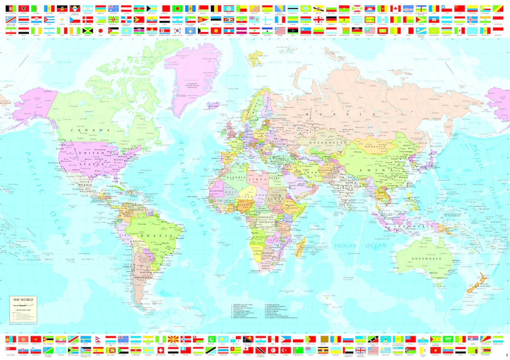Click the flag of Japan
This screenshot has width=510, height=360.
tap(100, 31)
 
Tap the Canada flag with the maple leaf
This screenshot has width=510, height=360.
tap(395, 9)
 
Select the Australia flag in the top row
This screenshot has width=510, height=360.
tap(113, 9)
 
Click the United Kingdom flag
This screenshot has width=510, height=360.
tap(360, 350)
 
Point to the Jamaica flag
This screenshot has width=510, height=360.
tap(87, 31)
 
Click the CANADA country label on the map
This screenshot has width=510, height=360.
tap(90, 130)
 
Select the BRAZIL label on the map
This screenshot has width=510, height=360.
tap(157, 236)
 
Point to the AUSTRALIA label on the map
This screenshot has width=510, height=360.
tap(426, 259)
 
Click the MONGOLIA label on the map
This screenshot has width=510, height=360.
tap(375, 147)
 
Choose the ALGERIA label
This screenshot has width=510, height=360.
tap(236, 177)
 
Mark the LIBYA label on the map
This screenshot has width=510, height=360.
tap(258, 179)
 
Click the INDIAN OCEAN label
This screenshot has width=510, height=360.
tap(360, 246)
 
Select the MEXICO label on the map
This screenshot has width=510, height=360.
tap(85, 185)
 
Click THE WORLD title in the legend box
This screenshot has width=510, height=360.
tap(23, 300)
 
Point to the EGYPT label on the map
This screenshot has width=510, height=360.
tap(275, 178)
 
